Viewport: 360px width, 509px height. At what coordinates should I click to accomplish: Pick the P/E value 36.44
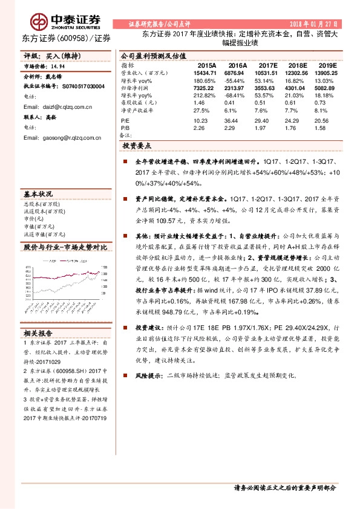[237, 121]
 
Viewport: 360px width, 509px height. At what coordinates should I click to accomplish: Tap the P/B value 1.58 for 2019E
[321, 128]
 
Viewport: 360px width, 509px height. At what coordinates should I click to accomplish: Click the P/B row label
[125, 128]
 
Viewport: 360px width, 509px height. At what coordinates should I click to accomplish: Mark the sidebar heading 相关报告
[38, 333]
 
